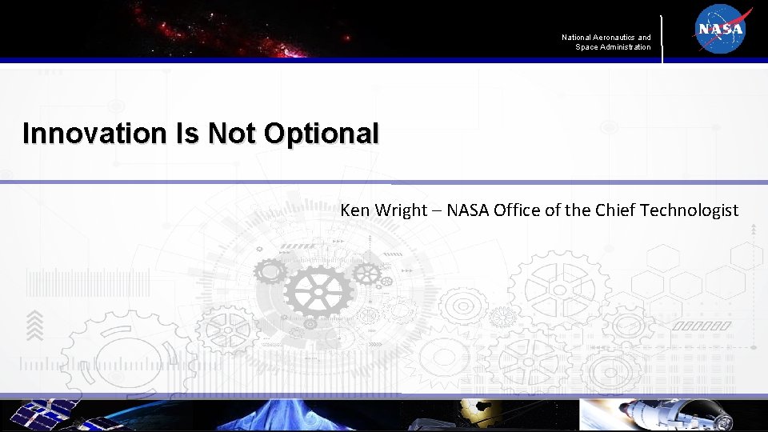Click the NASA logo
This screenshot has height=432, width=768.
click(721, 30)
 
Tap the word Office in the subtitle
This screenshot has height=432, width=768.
click(517, 210)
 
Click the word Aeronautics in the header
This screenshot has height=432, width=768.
click(614, 38)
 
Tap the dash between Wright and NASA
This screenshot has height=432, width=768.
click(437, 211)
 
